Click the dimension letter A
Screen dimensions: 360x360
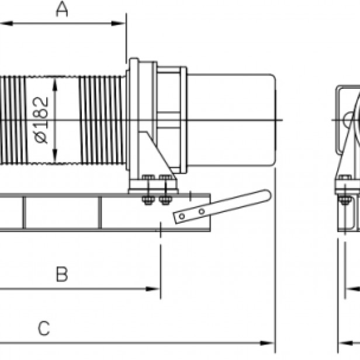click(61, 10)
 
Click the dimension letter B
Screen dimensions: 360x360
click(62, 274)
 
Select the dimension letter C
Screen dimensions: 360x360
click(44, 328)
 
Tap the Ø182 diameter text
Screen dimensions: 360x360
click(41, 120)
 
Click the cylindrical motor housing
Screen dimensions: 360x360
click(231, 120)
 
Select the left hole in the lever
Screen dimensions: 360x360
click(182, 216)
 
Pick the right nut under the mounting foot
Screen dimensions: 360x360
click(166, 200)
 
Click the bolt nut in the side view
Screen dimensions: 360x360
click(345, 200)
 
